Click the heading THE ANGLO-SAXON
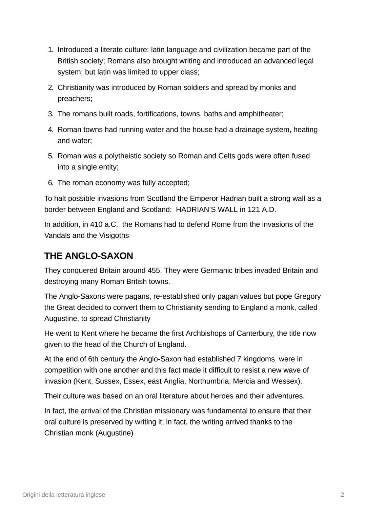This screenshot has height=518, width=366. (x=88, y=256)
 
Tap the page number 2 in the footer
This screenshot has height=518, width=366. (x=342, y=495)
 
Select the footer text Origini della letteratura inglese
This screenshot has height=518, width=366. (x=64, y=495)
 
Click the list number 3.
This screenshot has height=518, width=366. (x=50, y=114)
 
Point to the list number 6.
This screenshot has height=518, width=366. (x=50, y=183)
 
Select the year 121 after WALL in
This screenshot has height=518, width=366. (x=254, y=210)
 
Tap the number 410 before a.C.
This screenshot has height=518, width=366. (x=96, y=224)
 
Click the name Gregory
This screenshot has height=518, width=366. (x=307, y=296)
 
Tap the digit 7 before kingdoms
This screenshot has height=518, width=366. (x=239, y=359)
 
